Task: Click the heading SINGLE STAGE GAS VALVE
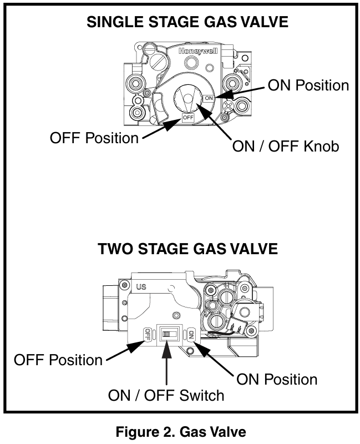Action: pyautogui.click(x=188, y=23)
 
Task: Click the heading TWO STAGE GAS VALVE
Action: pyautogui.click(x=187, y=249)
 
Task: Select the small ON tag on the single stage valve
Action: pyautogui.click(x=209, y=98)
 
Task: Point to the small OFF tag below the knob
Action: pyautogui.click(x=187, y=118)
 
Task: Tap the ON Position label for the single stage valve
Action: pyautogui.click(x=308, y=85)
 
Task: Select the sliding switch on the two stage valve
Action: pyautogui.click(x=168, y=334)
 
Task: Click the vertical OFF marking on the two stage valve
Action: pyautogui.click(x=148, y=334)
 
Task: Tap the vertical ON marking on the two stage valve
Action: pyautogui.click(x=191, y=334)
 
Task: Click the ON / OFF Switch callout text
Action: pyautogui.click(x=167, y=395)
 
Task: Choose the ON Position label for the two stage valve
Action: pyautogui.click(x=277, y=379)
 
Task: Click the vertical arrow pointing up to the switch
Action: pyautogui.click(x=167, y=366)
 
